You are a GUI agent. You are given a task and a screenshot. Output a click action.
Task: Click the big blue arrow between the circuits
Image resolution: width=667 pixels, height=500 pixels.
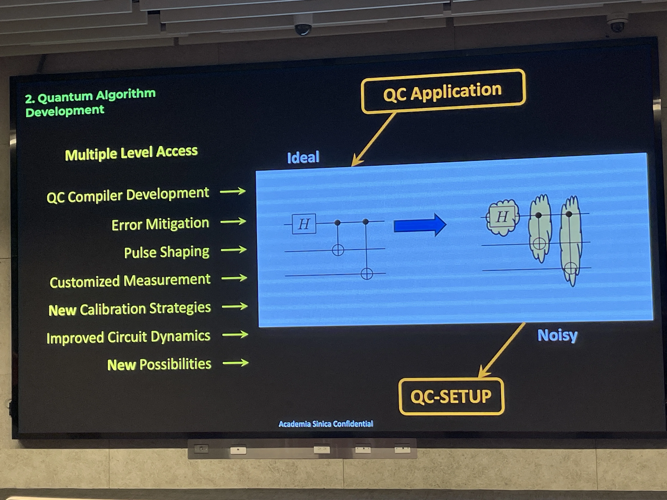[x=420, y=225]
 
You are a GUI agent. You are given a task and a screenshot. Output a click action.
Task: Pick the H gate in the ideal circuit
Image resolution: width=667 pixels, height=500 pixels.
[x=304, y=224]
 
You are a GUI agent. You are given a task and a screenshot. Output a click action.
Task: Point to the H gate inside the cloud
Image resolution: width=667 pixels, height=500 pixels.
[x=502, y=217]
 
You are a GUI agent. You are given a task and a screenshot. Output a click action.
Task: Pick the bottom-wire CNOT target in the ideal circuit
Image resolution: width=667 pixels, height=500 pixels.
[x=367, y=274]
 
